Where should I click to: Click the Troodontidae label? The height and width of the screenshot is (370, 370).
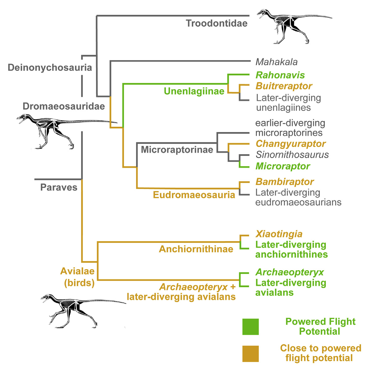point(217,23)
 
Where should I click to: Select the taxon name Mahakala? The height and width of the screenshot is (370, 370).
point(276,62)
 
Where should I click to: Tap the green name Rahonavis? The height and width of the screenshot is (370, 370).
point(280,75)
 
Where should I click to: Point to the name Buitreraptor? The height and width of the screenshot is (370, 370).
point(284,86)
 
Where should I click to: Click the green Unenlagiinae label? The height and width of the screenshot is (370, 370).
point(194,91)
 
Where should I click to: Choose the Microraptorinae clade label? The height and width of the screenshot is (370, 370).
point(177,150)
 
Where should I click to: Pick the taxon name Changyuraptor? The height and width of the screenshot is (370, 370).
point(290,144)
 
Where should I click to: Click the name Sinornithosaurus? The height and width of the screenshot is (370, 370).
point(292,155)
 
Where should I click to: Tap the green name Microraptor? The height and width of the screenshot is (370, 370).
point(283,166)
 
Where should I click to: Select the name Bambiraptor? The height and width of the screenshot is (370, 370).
point(285,182)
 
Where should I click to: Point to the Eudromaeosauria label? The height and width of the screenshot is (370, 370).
point(194,195)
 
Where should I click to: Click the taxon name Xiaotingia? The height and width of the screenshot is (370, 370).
point(279,234)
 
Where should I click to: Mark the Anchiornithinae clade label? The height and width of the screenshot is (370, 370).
point(196,249)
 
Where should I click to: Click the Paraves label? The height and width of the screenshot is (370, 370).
point(59,188)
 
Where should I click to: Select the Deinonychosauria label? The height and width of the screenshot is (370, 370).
point(50,68)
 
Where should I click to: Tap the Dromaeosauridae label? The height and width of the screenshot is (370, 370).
point(64,106)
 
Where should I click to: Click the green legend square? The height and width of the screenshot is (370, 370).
point(250,327)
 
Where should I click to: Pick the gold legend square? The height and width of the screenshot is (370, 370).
point(250,354)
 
